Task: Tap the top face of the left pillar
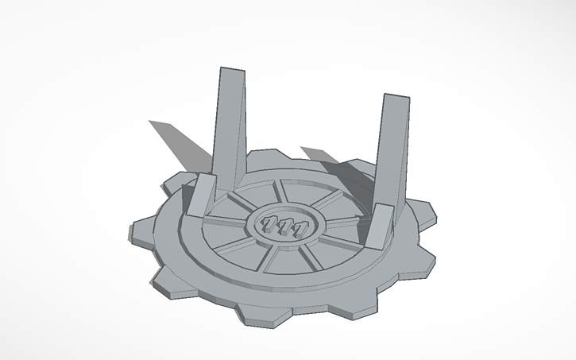tap(230, 71)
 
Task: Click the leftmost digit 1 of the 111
tap(270, 226)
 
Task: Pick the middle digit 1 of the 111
tap(284, 228)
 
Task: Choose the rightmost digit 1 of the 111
tap(300, 230)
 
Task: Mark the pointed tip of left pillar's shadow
tap(150, 122)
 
